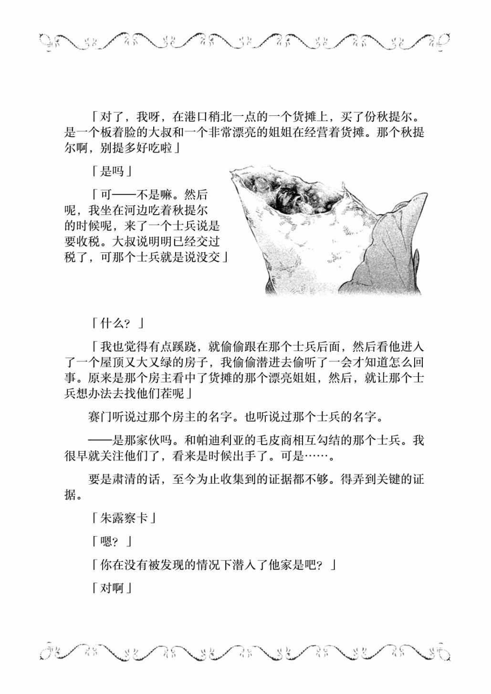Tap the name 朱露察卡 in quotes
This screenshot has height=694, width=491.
click(x=123, y=518)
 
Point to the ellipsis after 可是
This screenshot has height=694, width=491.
click(x=316, y=456)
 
